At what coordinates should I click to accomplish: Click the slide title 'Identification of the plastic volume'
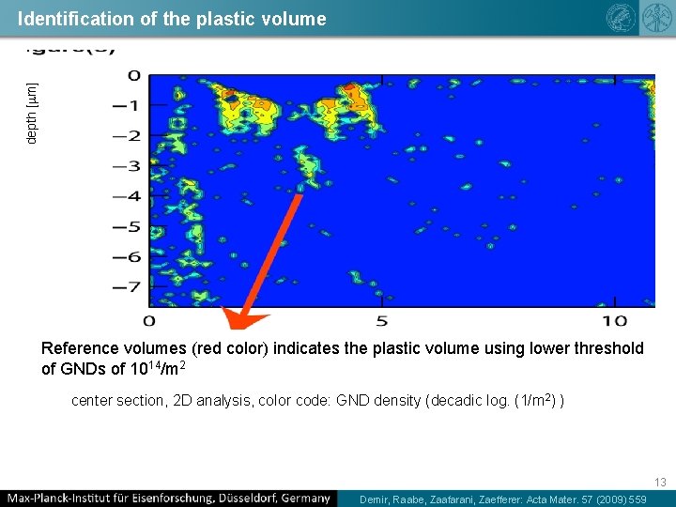tap(172, 19)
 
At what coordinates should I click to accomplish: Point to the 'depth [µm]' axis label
tap(32, 113)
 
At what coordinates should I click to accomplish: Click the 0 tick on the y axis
tap(134, 75)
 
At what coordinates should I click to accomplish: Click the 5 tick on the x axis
tap(381, 321)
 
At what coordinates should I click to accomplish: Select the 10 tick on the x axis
tap(615, 321)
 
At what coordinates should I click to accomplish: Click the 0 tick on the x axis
tap(149, 321)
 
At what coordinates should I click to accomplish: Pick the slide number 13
tap(660, 482)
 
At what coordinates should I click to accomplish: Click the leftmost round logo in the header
tap(621, 18)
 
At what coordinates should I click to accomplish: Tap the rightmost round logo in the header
tap(653, 18)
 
